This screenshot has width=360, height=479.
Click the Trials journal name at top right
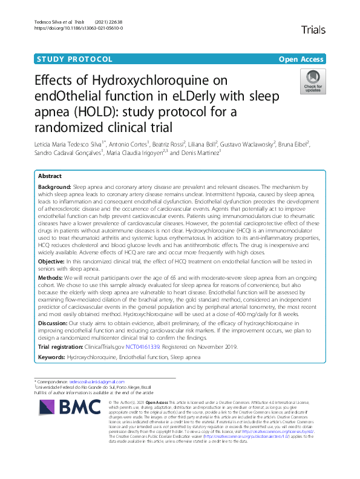[x=313, y=30]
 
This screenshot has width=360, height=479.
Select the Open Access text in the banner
[x=301, y=59]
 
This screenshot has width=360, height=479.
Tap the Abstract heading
[x=50, y=176]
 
